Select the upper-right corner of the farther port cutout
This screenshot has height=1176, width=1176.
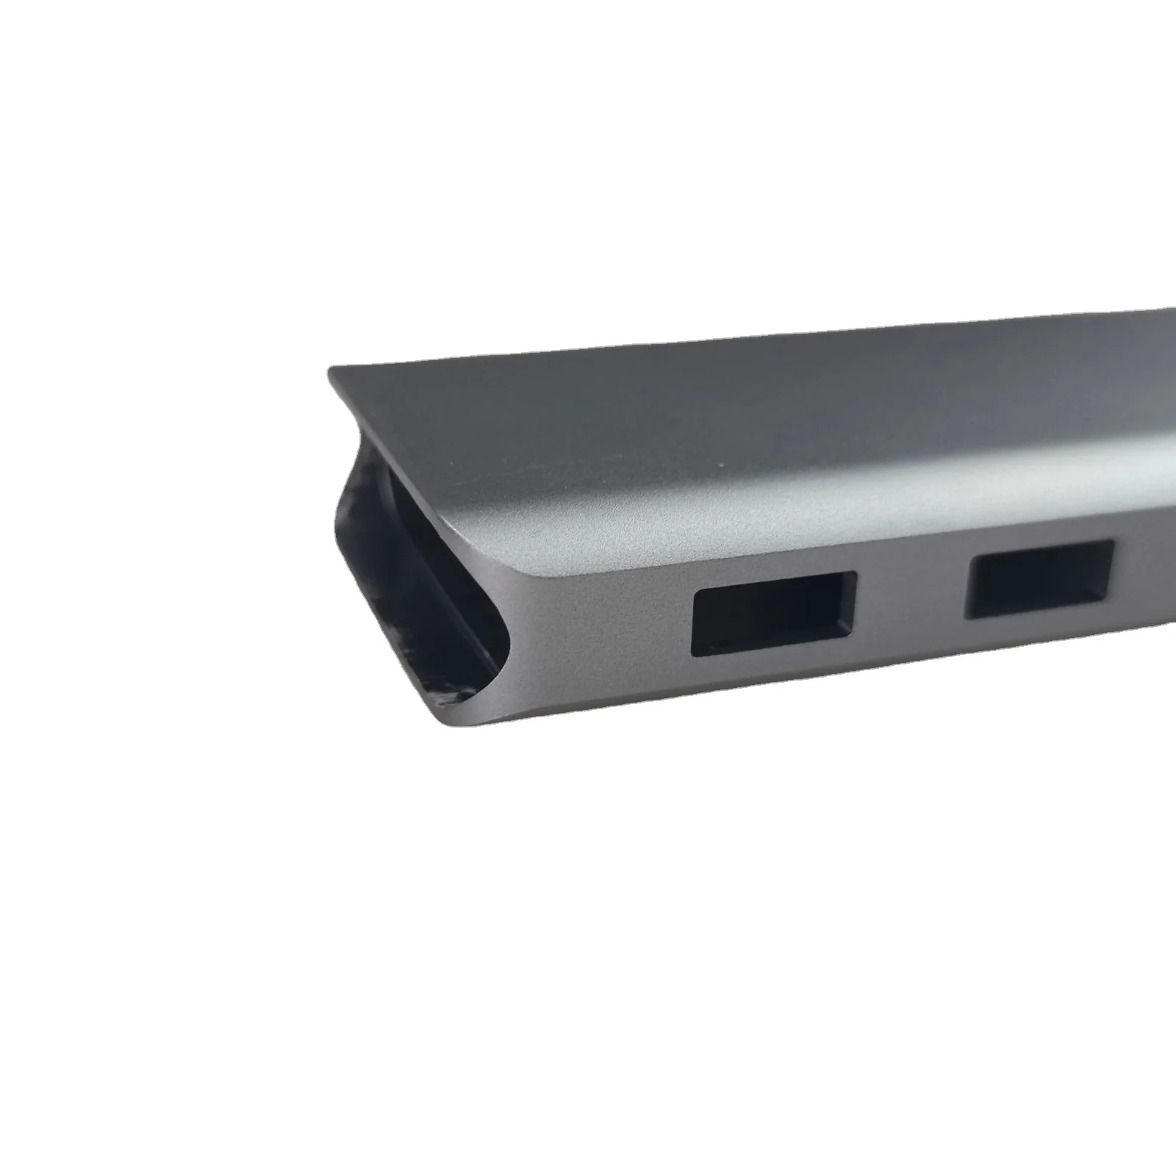pos(1114,542)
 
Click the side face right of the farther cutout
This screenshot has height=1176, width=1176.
pos(1147,581)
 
